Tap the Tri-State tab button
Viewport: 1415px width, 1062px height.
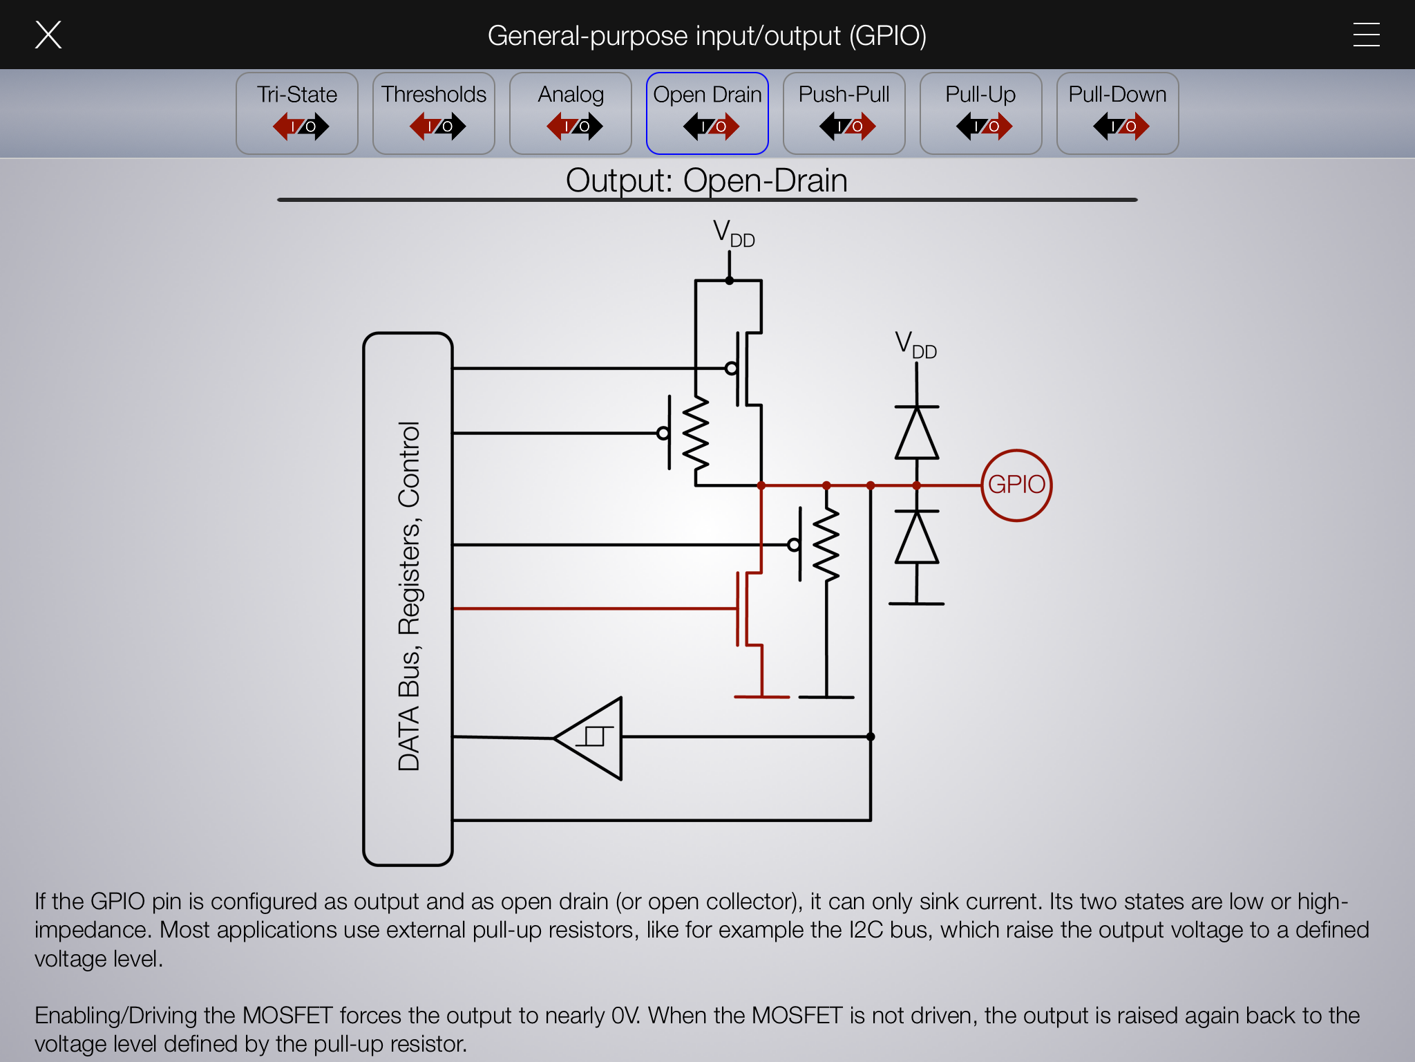(x=297, y=113)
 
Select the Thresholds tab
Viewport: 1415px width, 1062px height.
(x=434, y=113)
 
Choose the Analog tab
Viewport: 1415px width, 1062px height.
(x=571, y=113)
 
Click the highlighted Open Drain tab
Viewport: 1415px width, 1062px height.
(x=707, y=113)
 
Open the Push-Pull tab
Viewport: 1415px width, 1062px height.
(x=844, y=113)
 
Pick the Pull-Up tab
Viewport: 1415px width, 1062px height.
(x=980, y=113)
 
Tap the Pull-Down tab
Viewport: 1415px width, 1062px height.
(x=1117, y=113)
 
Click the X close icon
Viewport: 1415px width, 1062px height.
(x=48, y=35)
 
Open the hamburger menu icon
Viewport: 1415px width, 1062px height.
(x=1366, y=35)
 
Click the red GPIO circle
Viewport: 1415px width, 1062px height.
(x=1016, y=485)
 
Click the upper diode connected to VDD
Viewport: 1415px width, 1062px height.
(x=917, y=433)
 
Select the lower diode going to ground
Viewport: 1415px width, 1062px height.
(x=917, y=537)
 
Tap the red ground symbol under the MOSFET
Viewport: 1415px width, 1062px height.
(x=761, y=696)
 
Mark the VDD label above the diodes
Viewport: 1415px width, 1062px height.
(x=915, y=344)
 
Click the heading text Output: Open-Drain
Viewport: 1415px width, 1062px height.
(x=706, y=180)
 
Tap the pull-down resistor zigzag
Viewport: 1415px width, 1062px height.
(x=826, y=544)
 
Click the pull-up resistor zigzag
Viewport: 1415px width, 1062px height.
(x=696, y=434)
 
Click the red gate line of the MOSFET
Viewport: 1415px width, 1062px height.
(x=594, y=608)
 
